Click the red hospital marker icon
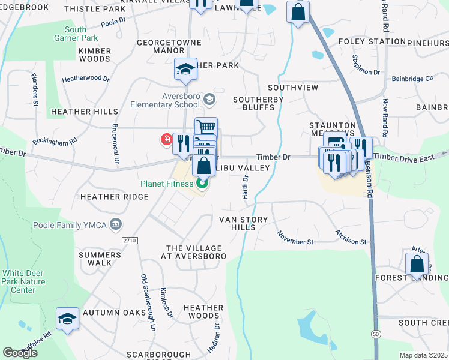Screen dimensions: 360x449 coord(166,140)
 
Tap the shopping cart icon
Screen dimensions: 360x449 coord(206,127)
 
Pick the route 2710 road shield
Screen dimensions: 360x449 coord(129,241)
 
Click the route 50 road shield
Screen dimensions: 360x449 coord(376,333)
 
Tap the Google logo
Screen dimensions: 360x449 coord(20,353)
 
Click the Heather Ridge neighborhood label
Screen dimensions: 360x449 coord(114,197)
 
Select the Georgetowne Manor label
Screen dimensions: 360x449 coord(160,47)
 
